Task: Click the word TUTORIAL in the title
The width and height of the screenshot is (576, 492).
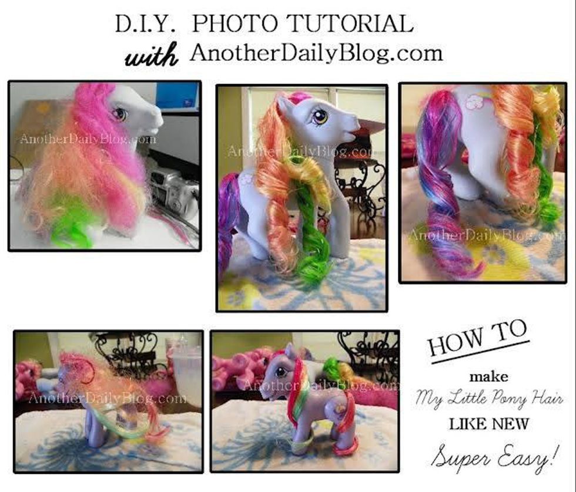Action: [351, 23]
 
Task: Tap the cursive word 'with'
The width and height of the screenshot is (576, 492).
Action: [152, 55]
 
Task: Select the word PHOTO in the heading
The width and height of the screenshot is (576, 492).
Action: [235, 23]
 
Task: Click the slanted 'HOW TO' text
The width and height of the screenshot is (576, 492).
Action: [478, 338]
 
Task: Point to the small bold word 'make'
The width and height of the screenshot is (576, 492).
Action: [489, 377]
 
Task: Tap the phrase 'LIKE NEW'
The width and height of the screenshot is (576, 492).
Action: [488, 424]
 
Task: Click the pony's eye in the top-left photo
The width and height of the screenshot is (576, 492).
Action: [120, 114]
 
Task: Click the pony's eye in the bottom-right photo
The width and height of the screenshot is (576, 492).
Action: [281, 372]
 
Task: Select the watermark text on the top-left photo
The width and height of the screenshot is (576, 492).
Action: [88, 139]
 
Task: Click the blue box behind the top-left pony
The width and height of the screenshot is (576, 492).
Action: [178, 96]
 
